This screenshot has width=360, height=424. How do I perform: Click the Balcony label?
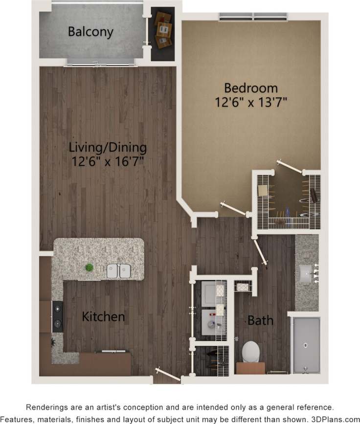90,32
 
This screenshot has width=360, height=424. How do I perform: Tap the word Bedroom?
250,89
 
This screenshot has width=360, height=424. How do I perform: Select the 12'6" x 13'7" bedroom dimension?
250,102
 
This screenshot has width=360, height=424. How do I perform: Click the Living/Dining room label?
108,147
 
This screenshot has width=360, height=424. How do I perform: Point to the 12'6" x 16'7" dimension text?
108,161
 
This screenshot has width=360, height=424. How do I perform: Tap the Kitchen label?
103,316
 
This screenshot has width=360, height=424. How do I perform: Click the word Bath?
260,321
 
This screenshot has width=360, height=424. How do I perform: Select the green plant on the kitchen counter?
90,268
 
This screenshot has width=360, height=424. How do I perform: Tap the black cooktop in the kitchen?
58,316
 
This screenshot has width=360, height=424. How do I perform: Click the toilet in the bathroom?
251,352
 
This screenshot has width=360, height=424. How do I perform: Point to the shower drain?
305,345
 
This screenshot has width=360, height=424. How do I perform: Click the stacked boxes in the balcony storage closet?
163,29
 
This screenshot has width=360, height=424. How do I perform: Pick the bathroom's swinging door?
260,251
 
